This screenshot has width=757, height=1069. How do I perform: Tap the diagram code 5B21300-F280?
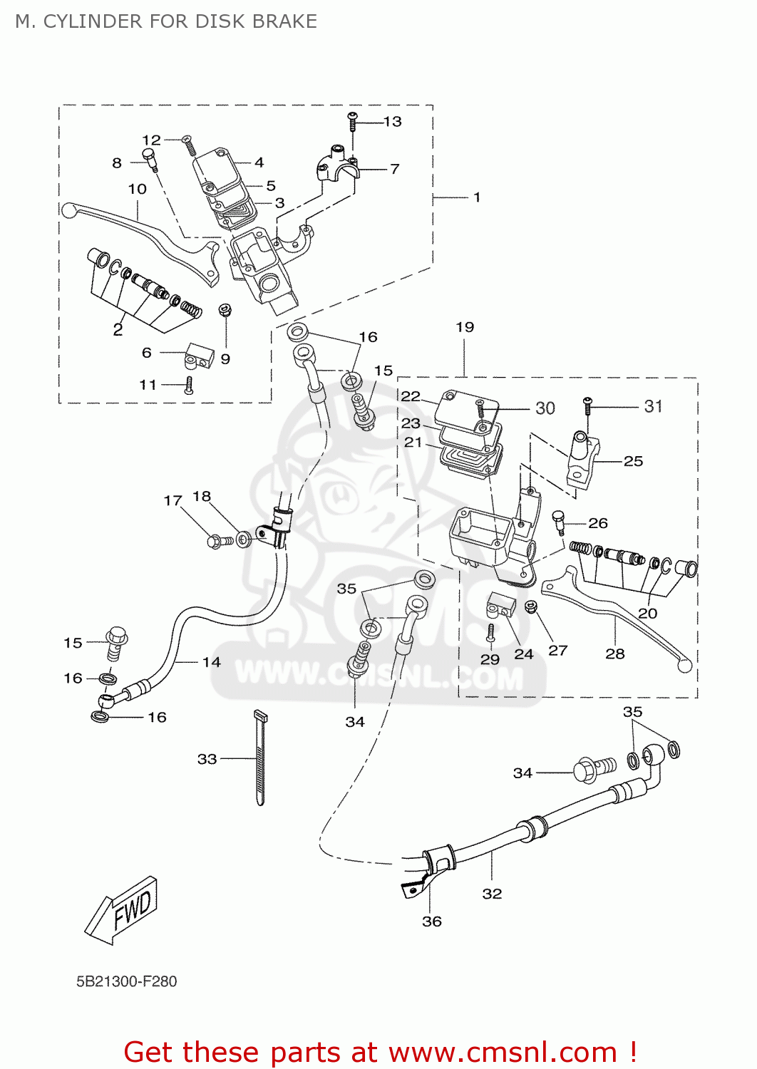(x=126, y=981)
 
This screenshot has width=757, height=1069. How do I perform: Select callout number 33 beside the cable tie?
(x=207, y=759)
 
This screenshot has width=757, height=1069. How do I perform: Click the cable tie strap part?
(x=260, y=759)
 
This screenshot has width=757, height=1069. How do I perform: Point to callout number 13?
(x=393, y=122)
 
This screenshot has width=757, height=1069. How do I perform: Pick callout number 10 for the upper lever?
(x=137, y=189)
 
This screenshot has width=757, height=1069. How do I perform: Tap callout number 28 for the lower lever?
(x=614, y=654)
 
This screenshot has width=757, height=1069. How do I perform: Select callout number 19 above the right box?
(x=465, y=327)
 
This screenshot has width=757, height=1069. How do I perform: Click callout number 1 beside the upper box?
(x=477, y=197)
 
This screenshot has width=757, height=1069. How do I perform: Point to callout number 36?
(x=432, y=921)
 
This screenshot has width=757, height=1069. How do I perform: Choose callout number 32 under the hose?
(x=492, y=894)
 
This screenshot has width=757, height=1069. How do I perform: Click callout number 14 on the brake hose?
(x=212, y=662)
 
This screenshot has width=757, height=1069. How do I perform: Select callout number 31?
(x=653, y=406)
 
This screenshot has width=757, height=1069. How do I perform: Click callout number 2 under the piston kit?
(x=118, y=329)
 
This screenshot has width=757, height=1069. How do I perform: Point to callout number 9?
(x=225, y=358)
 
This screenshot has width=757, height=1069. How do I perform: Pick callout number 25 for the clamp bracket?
(x=633, y=461)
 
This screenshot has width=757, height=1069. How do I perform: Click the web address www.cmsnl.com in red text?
(x=503, y=1052)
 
